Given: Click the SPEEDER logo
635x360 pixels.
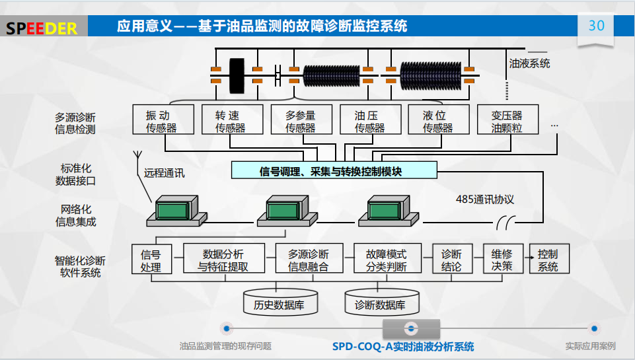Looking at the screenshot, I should [x=42, y=28].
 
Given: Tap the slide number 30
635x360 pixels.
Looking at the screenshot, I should [x=596, y=26].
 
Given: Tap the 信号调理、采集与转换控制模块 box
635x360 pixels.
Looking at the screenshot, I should [x=334, y=171].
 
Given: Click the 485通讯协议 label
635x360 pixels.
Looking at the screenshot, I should [x=484, y=199].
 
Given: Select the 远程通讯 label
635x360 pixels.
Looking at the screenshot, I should [x=165, y=174].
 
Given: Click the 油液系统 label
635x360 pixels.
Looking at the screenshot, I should [x=529, y=63].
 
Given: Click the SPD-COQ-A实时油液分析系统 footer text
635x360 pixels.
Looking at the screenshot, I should [x=402, y=347].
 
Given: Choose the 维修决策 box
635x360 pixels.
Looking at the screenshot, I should [x=502, y=259].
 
